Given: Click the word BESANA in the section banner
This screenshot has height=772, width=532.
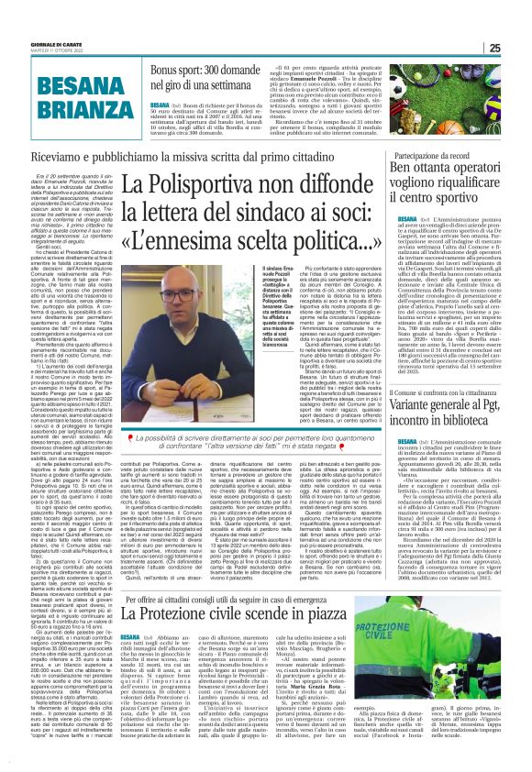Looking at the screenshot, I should point(65,83).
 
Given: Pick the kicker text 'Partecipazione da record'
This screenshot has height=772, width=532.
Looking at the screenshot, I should point(434,157).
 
